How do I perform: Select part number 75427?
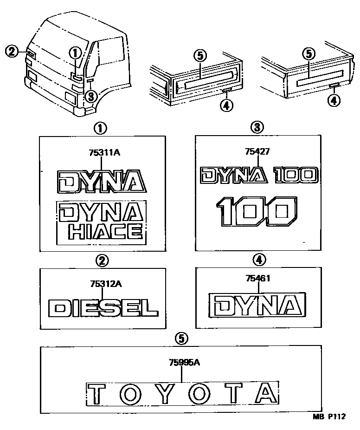point(258,152)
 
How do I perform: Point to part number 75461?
point(257,279)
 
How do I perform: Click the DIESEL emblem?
point(103,307)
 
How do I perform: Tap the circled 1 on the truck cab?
point(76,54)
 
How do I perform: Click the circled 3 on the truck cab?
point(91,96)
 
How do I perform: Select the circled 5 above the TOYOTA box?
point(183,339)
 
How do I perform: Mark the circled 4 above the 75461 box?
point(258,261)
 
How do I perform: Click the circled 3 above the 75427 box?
point(258,127)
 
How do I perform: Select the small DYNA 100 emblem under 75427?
point(259,175)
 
